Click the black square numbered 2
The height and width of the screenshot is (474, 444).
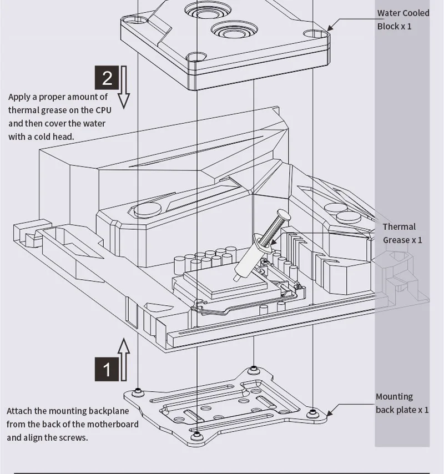pos(107,78)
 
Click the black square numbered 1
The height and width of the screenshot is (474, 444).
pos(107,369)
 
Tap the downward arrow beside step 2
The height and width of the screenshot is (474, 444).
pos(124,87)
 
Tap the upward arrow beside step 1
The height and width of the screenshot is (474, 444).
pos(124,360)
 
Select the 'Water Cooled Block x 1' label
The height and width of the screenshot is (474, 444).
pos(403,19)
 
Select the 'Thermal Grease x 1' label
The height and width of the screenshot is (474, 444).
pos(402,233)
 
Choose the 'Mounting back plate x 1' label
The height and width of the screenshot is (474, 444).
pos(402,403)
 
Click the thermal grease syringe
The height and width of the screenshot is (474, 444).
pos(262,245)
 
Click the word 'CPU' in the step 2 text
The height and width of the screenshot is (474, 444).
pos(103,110)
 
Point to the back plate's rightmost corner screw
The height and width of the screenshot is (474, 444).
pos(312,412)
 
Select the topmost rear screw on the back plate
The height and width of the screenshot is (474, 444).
pos(253,369)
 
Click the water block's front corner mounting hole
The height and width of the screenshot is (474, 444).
pos(196,57)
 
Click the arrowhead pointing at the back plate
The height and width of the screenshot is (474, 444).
pos(330,412)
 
